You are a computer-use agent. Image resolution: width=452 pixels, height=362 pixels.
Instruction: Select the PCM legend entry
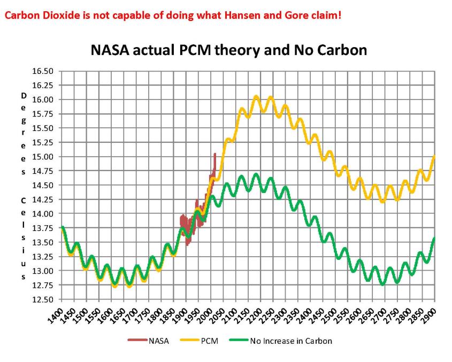(209, 341)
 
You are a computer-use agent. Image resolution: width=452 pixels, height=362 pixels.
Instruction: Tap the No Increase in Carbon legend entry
(291, 341)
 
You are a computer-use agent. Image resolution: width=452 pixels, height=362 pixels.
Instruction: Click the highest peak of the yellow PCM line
(256, 97)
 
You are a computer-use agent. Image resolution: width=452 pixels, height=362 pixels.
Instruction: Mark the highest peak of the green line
(256, 174)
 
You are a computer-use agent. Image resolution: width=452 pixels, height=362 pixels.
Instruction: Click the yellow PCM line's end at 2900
(434, 156)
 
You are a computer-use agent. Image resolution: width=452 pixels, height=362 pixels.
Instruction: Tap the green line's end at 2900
(434, 238)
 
